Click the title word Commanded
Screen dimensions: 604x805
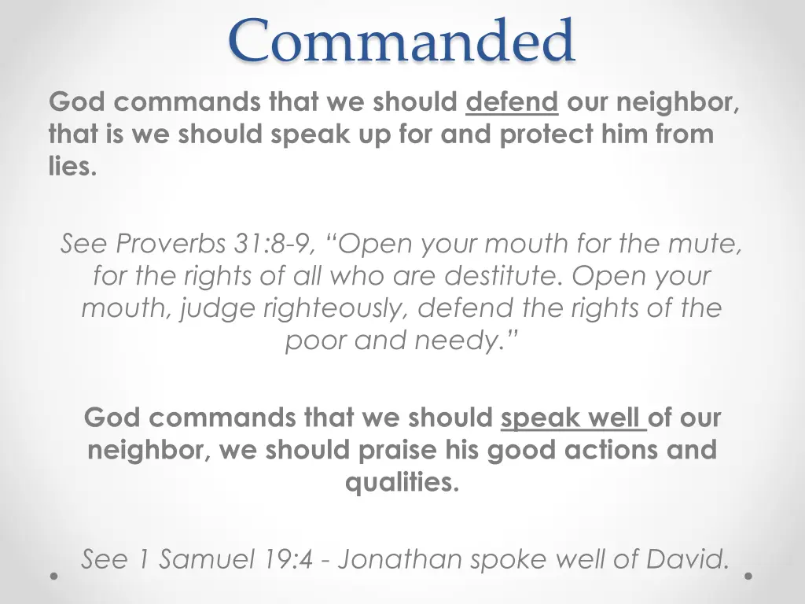click(x=402, y=41)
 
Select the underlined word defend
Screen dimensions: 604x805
click(x=512, y=102)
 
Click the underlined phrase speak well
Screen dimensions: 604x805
click(x=573, y=417)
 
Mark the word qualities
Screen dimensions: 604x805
click(x=402, y=482)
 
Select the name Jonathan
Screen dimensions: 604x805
click(x=400, y=559)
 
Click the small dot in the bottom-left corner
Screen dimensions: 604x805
click(x=53, y=576)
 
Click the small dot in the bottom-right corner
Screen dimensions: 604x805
click(x=748, y=576)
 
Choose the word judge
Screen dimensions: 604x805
click(x=218, y=308)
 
